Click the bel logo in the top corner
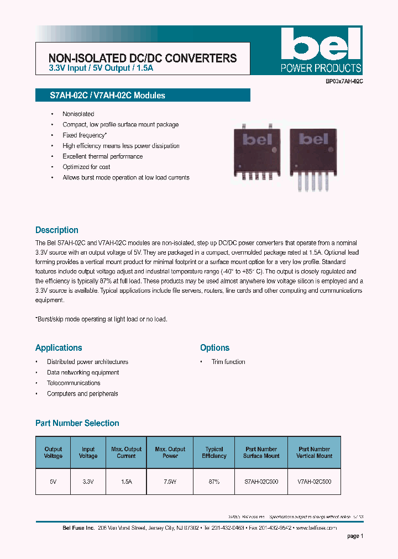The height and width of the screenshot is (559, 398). click(x=321, y=50)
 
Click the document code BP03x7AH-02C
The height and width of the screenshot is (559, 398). click(x=344, y=81)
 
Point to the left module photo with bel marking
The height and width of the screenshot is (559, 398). click(x=255, y=146)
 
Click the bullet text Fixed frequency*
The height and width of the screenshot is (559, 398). click(x=85, y=135)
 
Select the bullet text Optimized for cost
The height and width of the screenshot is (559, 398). click(x=86, y=167)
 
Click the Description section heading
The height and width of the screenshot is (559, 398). click(x=57, y=230)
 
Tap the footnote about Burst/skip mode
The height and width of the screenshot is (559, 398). click(x=101, y=319)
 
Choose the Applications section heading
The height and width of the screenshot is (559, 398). click(x=59, y=347)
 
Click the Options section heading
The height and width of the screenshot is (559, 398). click(x=214, y=347)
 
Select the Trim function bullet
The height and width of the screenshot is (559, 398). click(x=228, y=362)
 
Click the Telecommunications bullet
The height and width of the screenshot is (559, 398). click(x=74, y=383)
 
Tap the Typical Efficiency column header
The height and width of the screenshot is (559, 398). click(x=214, y=452)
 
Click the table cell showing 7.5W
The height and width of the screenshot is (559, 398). click(x=170, y=482)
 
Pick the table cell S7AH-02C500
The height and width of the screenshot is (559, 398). click(x=261, y=482)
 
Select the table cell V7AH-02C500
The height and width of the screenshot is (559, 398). click(x=314, y=482)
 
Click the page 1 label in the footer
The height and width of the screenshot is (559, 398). click(x=355, y=536)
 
